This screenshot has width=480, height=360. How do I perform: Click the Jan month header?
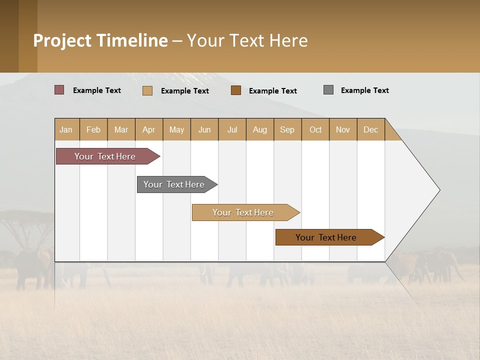coord(66,129)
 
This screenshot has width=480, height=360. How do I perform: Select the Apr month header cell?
coord(149,129)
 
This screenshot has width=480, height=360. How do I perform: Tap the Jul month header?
coord(232,129)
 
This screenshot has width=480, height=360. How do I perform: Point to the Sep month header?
coord(287,129)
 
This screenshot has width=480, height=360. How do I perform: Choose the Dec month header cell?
coord(370,129)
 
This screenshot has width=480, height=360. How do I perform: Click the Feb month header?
coord(93,129)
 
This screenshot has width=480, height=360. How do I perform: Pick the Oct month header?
coord(315,129)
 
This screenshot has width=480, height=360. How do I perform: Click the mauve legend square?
coord(59,90)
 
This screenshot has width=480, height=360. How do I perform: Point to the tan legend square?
coord(147,90)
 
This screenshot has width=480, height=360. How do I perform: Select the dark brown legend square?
coord(236,90)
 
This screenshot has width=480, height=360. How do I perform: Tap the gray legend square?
coord(328,90)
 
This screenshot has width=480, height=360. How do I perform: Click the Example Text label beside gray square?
coord(364,90)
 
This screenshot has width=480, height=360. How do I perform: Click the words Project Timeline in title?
coord(100,40)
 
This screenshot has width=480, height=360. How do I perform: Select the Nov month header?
coord(343,129)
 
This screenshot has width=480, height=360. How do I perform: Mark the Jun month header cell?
coord(204,129)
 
